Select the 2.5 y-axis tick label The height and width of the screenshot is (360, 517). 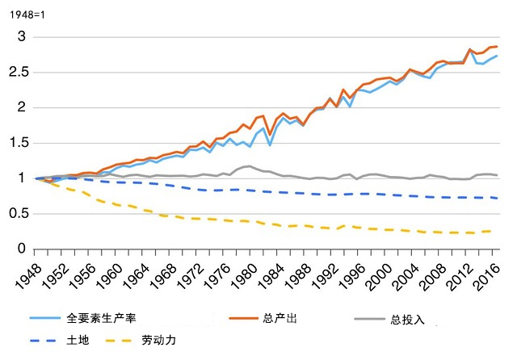coord(17,73)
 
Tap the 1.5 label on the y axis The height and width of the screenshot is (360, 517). coord(17,143)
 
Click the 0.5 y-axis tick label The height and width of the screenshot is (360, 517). coord(17,213)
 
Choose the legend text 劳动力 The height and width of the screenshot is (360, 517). coord(158,340)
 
